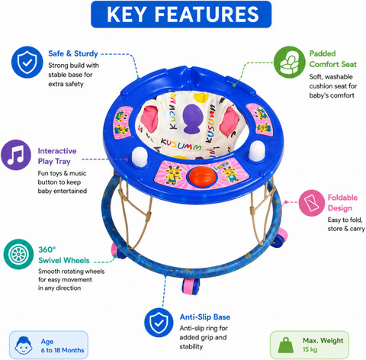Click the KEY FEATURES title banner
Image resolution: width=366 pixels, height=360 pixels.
[181, 14]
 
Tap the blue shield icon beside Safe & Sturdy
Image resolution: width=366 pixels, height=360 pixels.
[27, 62]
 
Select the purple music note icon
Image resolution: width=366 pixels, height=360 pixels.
[16, 155]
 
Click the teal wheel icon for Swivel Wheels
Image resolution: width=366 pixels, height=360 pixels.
[18, 254]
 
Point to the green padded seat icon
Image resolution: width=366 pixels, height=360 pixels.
[290, 62]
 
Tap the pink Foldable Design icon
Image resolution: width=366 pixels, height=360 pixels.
[312, 203]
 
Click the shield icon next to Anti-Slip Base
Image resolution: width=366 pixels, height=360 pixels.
[159, 323]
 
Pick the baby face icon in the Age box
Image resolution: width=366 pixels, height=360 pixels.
[24, 346]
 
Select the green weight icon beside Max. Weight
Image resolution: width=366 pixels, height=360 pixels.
[286, 345]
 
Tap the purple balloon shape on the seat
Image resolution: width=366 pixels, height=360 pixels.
[191, 119]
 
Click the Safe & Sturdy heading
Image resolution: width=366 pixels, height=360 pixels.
[73, 53]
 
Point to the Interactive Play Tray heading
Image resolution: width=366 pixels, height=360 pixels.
[57, 156]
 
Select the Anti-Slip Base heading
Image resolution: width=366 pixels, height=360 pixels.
[205, 317]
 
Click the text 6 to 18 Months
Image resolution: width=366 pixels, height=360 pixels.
[63, 350]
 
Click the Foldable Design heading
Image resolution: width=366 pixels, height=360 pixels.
[342, 203]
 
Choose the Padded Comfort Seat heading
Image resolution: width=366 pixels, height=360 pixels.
[333, 59]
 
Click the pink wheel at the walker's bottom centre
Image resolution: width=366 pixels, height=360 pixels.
[191, 286]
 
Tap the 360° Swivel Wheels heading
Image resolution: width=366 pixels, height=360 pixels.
[64, 255]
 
